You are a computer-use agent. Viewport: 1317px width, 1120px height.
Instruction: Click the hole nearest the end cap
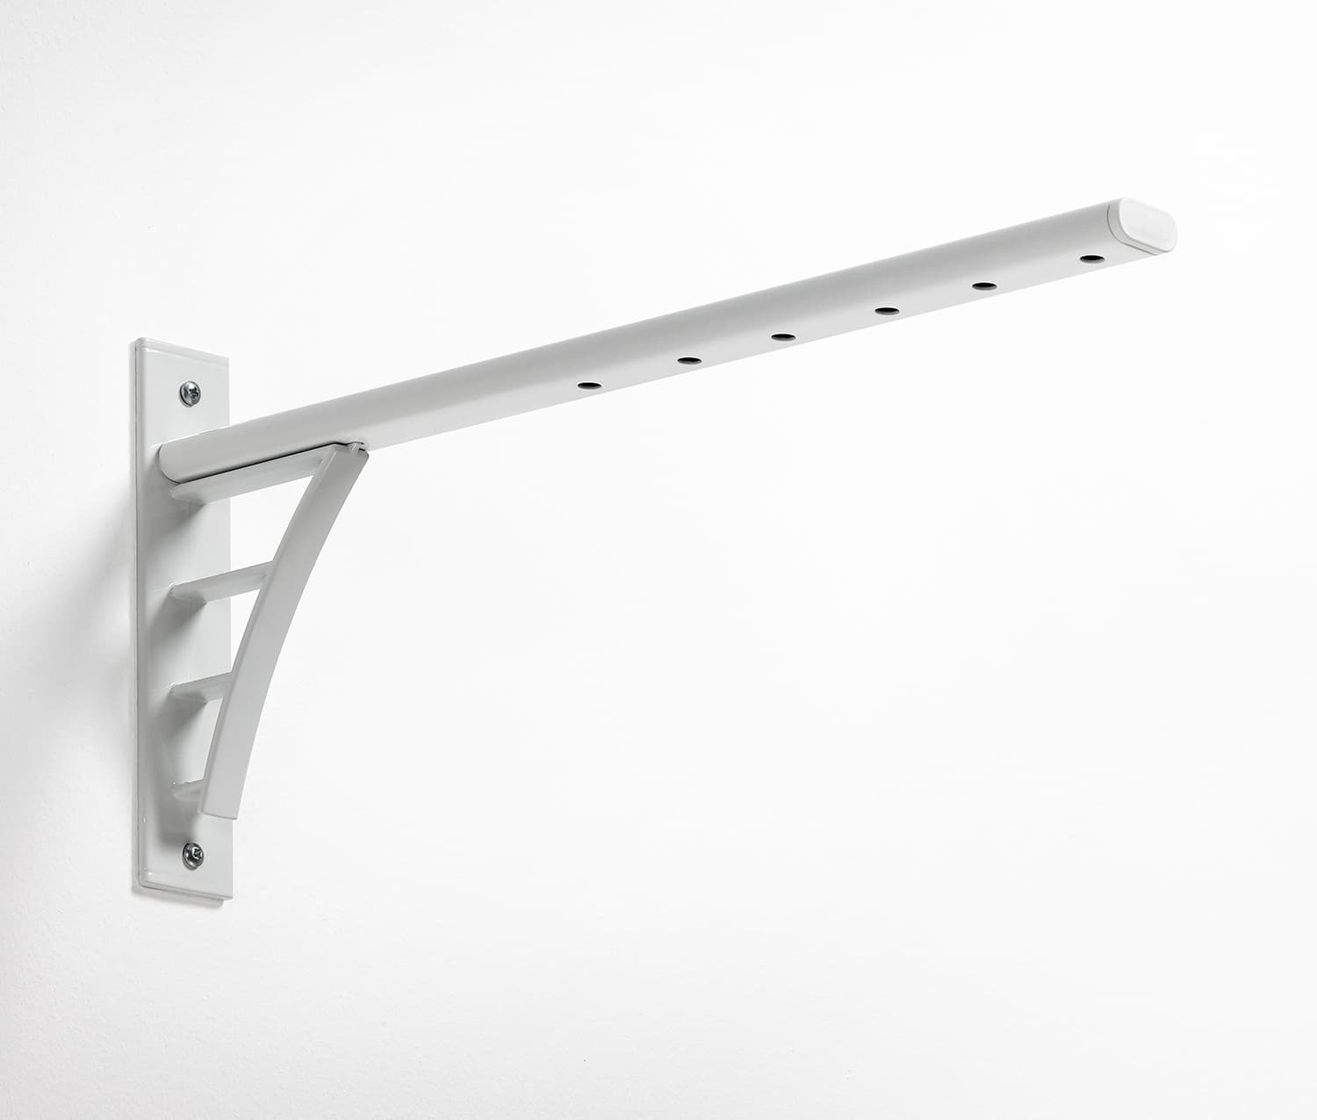(x=1092, y=258)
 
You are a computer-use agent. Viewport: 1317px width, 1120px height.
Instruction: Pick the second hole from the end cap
(x=984, y=286)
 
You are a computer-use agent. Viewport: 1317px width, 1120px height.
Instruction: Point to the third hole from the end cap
(x=885, y=310)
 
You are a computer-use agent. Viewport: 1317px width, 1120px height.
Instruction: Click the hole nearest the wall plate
(x=586, y=385)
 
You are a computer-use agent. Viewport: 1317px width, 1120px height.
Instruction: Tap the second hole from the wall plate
(x=689, y=359)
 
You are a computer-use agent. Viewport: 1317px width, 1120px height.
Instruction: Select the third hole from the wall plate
(x=782, y=336)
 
